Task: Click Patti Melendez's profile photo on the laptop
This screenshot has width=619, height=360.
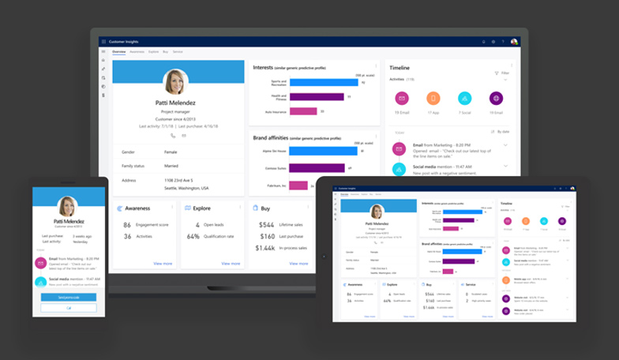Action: [175, 82]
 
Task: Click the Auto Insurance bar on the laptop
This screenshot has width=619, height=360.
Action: [304, 111]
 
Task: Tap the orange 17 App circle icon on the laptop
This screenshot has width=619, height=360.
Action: [433, 99]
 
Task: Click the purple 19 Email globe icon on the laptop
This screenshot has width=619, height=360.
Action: [496, 99]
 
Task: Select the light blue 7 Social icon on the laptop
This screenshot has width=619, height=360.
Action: [465, 99]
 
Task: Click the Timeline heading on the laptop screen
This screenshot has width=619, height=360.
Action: [400, 68]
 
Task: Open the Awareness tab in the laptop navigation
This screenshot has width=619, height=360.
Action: [137, 51]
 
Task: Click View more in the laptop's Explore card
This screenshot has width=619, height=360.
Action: [231, 263]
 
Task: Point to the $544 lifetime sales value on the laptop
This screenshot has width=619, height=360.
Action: [265, 224]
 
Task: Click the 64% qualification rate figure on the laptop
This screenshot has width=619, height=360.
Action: [193, 235]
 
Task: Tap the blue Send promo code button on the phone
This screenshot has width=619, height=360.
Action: [69, 297]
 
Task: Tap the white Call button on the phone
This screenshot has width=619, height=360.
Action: [69, 307]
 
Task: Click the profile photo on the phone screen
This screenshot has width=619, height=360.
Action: [68, 206]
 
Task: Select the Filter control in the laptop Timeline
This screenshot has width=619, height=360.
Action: [501, 73]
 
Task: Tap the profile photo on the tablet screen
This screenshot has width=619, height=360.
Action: [377, 211]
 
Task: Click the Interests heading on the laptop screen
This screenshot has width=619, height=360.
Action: [263, 68]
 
